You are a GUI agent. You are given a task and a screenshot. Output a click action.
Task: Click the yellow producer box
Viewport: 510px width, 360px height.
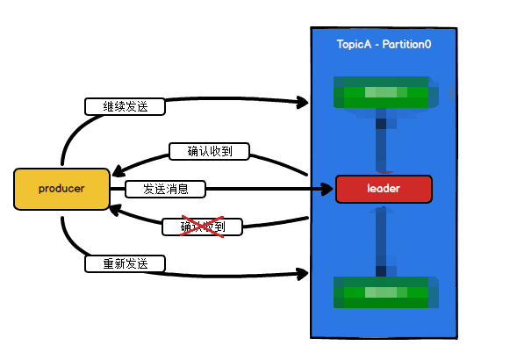point(61,189)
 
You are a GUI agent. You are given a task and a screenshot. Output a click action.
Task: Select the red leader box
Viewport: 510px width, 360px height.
point(384,189)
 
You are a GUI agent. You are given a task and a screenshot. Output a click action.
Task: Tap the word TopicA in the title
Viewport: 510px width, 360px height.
point(356,44)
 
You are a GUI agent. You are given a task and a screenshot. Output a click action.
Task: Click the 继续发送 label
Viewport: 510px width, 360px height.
point(126,106)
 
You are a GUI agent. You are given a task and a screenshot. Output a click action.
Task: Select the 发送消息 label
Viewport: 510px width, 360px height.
point(165,189)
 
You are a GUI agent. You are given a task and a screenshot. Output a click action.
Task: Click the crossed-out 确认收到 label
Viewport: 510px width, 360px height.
point(202,227)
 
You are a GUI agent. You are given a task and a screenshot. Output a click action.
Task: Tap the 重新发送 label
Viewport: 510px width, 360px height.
point(126,263)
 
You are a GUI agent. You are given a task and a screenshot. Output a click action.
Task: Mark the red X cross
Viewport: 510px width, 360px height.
point(202,227)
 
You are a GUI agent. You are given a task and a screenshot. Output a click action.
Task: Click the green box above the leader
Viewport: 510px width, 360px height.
point(381,94)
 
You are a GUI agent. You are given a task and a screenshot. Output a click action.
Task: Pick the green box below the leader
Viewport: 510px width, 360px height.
point(381,292)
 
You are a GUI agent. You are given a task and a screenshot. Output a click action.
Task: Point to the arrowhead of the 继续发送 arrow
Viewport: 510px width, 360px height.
point(302,103)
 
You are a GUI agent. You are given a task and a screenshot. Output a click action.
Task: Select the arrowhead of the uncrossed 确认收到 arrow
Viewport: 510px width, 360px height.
point(114,170)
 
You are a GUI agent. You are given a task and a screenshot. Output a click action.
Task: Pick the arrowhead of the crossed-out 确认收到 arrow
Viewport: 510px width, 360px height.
point(114,207)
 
